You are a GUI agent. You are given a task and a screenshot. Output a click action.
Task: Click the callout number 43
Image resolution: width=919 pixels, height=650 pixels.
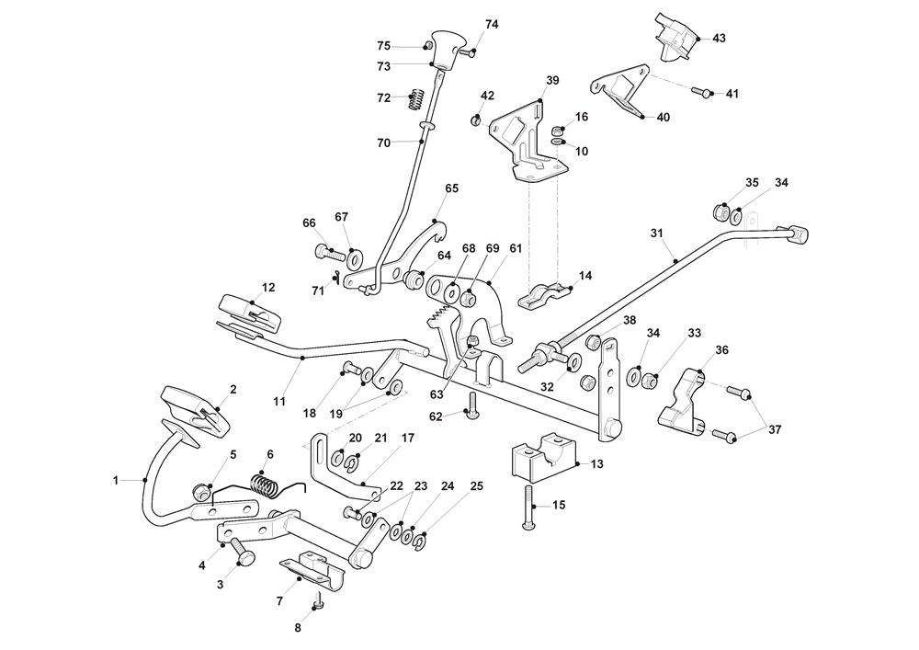tap(719, 38)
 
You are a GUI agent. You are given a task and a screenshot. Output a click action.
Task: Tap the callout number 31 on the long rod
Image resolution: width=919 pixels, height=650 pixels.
tap(656, 234)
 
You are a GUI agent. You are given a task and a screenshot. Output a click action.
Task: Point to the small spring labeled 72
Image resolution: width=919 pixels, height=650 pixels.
tap(414, 96)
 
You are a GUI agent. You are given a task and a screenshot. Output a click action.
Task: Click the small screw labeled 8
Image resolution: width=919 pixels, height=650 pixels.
tap(318, 601)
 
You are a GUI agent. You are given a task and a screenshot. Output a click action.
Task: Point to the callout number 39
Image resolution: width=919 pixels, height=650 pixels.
tap(551, 81)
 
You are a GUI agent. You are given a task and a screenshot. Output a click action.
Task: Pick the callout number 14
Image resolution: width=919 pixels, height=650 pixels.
tap(585, 275)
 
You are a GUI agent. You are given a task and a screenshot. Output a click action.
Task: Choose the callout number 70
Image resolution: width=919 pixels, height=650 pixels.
tap(383, 143)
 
